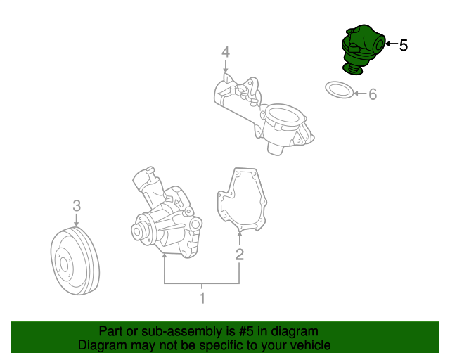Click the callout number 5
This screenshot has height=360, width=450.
[x=403, y=46]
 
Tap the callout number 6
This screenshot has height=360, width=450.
[x=373, y=94]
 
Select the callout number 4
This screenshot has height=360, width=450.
[x=226, y=52]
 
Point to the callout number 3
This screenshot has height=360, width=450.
[x=77, y=206]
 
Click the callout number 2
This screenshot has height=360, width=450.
[x=240, y=255]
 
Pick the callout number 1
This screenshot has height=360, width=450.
[x=202, y=298]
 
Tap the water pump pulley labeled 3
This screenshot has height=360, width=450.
[x=75, y=261]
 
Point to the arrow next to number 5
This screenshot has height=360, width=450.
[x=392, y=44]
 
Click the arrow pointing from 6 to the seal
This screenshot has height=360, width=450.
[x=361, y=94]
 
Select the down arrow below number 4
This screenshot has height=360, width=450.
[x=226, y=66]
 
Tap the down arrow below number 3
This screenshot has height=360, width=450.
[x=76, y=219]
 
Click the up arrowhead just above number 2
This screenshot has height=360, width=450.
[x=239, y=235]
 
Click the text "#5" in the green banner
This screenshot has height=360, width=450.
[x=246, y=331]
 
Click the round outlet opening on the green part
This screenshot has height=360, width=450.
[x=380, y=45]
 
